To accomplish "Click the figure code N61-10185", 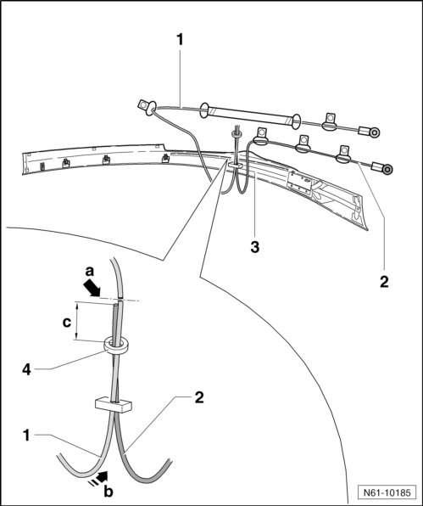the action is point(387,492).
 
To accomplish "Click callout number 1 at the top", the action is point(180,40).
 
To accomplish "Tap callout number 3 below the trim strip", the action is point(255,247).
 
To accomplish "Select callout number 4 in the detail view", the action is point(26,370).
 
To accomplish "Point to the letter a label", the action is point(90,272).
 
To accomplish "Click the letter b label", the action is point(109,492).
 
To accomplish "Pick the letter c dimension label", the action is point(67,322).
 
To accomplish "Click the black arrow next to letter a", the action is point(92,288).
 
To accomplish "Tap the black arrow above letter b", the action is point(99,477).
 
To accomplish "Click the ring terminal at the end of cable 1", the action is point(375,132).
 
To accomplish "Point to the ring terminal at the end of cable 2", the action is point(388,170).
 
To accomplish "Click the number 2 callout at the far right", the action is point(384,282).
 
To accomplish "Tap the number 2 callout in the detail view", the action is point(199,397).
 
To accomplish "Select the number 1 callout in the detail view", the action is point(26,436).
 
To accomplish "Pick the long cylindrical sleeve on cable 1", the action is point(250,115).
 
